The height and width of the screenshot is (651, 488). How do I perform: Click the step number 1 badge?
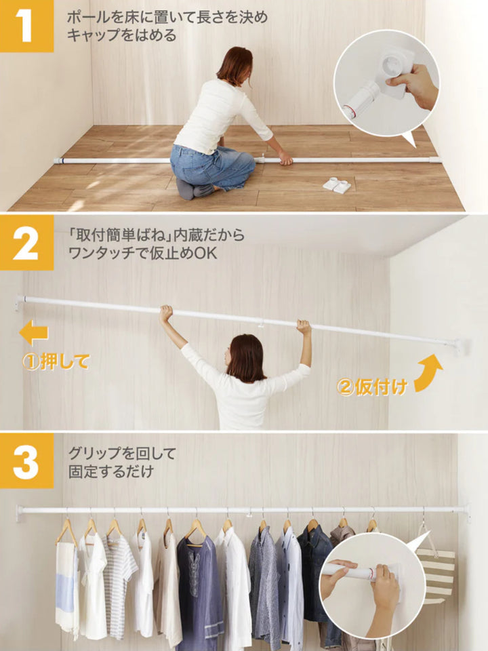[x=26, y=26]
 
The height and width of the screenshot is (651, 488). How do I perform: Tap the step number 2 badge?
[x=26, y=243]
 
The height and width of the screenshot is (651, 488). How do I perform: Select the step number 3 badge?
[x=26, y=461]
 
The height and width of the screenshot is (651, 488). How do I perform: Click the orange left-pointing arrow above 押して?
[x=34, y=333]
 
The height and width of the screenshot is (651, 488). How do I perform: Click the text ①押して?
[x=56, y=362]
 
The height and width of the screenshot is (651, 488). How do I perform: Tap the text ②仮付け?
[x=372, y=387]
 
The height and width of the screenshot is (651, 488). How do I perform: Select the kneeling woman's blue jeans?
[x=211, y=165]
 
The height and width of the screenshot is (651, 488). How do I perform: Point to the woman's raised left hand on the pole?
[x=165, y=313]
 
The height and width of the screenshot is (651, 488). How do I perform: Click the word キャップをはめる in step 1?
[x=122, y=35]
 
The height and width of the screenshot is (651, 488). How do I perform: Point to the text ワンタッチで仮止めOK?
[x=142, y=253]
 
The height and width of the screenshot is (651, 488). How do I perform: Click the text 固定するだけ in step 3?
[x=110, y=471]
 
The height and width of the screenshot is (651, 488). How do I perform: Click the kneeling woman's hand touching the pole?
[x=285, y=158]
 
